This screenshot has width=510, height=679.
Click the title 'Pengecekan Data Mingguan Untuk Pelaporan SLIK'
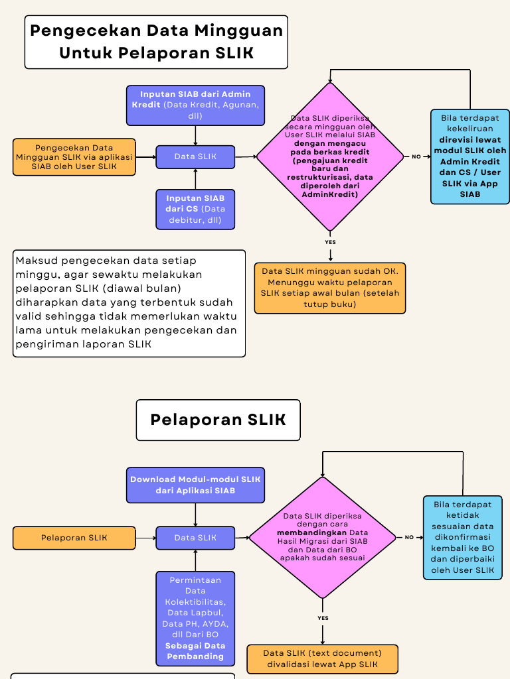(156, 42)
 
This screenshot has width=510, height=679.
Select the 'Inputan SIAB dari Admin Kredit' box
(195, 105)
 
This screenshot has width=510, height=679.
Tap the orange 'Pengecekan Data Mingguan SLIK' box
(74, 157)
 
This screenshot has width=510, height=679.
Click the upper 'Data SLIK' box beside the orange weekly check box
(195, 157)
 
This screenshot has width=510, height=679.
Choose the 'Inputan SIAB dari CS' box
(195, 209)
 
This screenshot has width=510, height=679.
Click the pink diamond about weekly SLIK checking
(330, 157)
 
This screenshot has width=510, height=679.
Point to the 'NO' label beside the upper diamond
(416, 157)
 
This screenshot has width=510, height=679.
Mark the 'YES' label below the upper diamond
(330, 242)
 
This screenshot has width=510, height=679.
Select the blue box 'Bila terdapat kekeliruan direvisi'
(470, 156)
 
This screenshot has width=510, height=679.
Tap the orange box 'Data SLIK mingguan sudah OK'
(330, 288)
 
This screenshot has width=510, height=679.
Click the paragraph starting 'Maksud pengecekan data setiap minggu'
(129, 303)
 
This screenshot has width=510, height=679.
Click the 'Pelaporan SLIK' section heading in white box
(218, 420)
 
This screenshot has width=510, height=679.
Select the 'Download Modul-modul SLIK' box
(195, 485)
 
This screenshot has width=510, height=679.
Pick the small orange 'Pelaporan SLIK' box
(74, 538)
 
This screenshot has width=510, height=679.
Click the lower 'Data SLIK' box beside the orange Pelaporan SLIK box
(195, 538)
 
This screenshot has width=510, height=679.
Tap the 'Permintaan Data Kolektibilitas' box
(195, 618)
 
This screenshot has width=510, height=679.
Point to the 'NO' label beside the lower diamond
(409, 537)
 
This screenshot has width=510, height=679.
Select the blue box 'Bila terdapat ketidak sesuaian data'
(463, 537)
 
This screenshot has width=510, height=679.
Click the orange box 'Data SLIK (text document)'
(322, 658)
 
